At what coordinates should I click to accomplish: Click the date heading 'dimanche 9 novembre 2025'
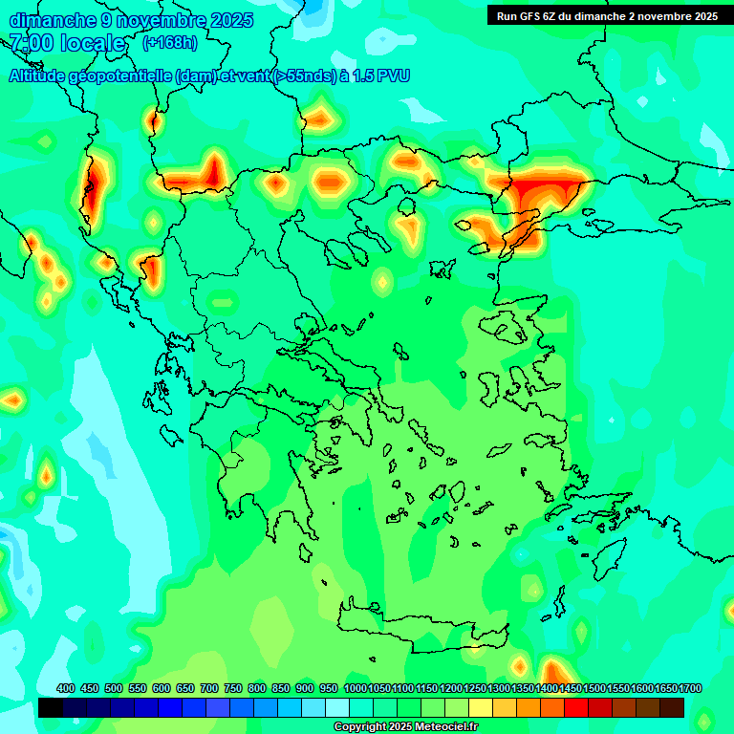(131, 20)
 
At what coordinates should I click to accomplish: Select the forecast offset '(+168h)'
(171, 43)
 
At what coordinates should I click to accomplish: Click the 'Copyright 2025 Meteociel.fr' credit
(405, 726)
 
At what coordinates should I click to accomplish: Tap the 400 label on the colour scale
(66, 688)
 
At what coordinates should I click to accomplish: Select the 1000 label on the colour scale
(355, 688)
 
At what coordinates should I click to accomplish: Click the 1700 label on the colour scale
(690, 688)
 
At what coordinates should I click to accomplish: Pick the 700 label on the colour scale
(209, 688)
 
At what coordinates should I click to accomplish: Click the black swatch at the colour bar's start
(51, 707)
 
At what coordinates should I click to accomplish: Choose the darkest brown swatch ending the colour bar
(672, 707)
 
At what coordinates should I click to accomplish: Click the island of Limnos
(442, 269)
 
